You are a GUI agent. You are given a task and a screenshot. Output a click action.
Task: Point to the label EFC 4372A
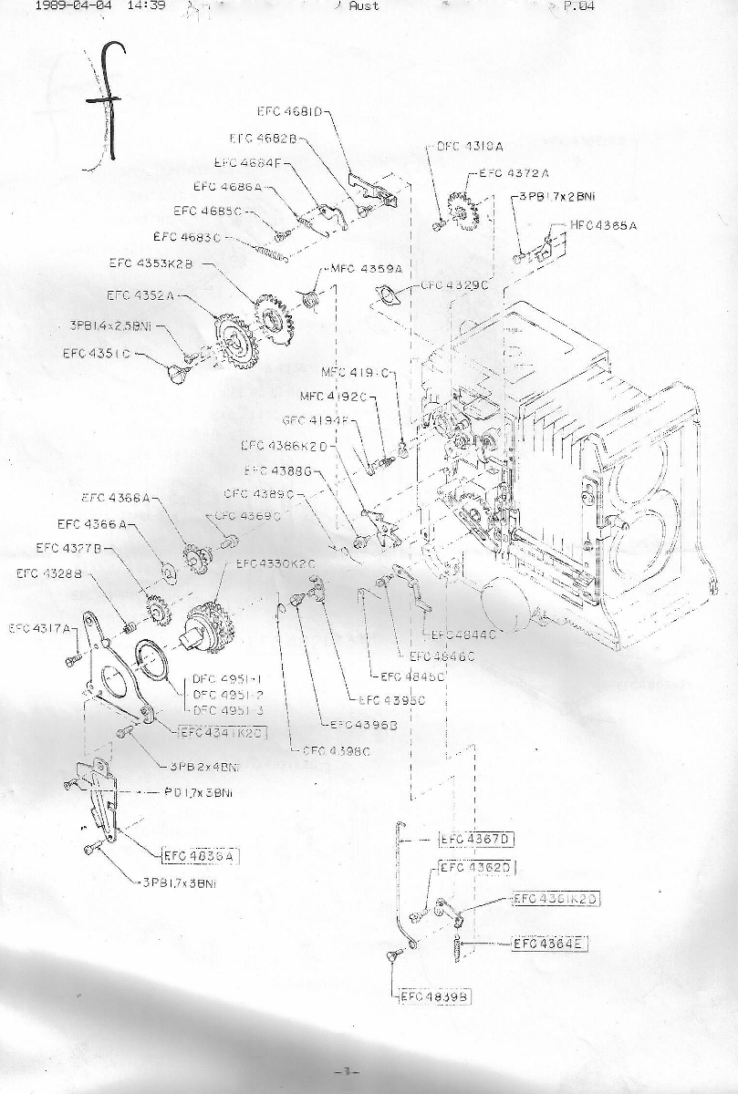(x=515, y=172)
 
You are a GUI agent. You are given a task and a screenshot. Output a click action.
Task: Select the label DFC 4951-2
(x=227, y=695)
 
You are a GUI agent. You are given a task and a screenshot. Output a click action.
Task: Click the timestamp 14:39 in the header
(x=146, y=5)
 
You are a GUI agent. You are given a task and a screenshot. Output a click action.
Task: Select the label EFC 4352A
(x=140, y=295)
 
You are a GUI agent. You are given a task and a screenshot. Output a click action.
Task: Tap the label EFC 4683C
(x=188, y=238)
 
